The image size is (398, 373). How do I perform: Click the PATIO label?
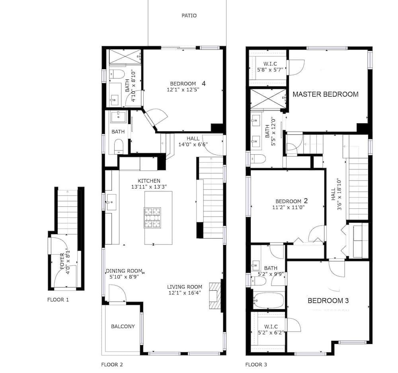(x=189, y=16)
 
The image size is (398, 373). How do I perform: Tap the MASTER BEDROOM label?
(x=325, y=94)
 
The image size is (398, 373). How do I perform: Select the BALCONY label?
(x=123, y=326)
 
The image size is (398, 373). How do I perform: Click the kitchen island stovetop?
(x=152, y=218)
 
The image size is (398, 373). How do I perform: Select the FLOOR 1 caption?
(x=58, y=300)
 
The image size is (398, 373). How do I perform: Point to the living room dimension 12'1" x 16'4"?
(x=184, y=293)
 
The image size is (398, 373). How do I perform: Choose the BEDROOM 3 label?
(x=328, y=301)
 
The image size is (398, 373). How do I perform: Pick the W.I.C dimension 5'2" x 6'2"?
(x=272, y=332)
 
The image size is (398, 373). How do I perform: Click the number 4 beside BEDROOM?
(x=203, y=84)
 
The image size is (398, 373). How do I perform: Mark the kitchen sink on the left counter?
(x=110, y=202)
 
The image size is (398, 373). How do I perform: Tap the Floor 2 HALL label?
(x=193, y=138)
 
